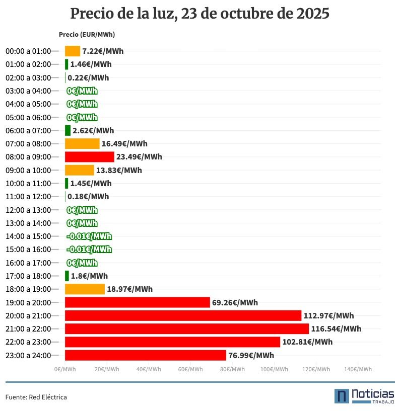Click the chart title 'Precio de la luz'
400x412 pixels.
pos(199,14)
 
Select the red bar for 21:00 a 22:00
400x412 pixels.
pos(186,329)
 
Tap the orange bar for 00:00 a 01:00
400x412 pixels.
pos(73,51)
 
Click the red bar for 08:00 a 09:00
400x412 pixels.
pos(89,157)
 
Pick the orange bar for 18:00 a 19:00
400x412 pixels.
pos(85,289)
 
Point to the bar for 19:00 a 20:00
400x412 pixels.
pos(137,302)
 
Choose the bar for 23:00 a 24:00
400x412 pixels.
pos(145,356)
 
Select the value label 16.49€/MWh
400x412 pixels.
pos(124,144)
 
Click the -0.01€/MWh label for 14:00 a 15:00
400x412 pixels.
pos(89,236)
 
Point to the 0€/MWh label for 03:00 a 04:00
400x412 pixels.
pos(82,91)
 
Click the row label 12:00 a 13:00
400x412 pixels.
pos(28,210)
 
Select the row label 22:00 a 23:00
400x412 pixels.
pos(28,342)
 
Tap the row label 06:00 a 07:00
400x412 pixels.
pos(28,131)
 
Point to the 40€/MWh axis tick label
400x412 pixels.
pos(149,369)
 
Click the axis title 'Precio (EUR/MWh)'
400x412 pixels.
pos(87,35)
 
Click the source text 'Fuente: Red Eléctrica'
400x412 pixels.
pos(36,397)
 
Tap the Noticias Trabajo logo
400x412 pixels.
pos(364,396)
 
